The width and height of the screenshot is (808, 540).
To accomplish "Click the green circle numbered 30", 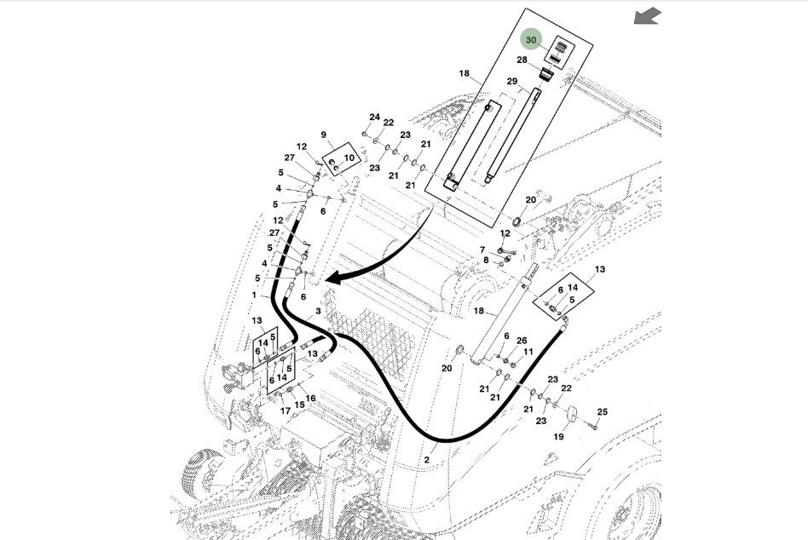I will [532, 40].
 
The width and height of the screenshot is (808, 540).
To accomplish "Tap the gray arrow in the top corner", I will [648, 16].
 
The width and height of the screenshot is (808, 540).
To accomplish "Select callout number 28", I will [522, 60].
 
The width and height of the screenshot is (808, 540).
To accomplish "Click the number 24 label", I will [374, 117].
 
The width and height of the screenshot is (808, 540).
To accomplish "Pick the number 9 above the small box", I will [324, 135].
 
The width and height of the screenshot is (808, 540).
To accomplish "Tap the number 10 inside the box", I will [348, 158].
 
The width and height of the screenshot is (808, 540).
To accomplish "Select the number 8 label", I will [486, 261].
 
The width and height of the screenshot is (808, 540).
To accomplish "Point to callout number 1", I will [253, 295].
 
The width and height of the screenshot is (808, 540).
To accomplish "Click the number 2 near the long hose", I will [426, 460].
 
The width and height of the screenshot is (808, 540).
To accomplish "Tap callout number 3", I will [318, 313].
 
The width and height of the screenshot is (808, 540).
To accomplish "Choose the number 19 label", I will [559, 437].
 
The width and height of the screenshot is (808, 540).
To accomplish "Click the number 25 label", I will [602, 412].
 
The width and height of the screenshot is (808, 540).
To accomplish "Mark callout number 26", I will [522, 341].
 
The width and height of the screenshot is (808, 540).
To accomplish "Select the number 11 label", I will [528, 352].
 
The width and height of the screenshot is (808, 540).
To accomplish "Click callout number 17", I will [285, 411].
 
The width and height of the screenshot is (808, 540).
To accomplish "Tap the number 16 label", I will [310, 399].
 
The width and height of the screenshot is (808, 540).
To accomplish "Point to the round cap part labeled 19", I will [572, 416].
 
